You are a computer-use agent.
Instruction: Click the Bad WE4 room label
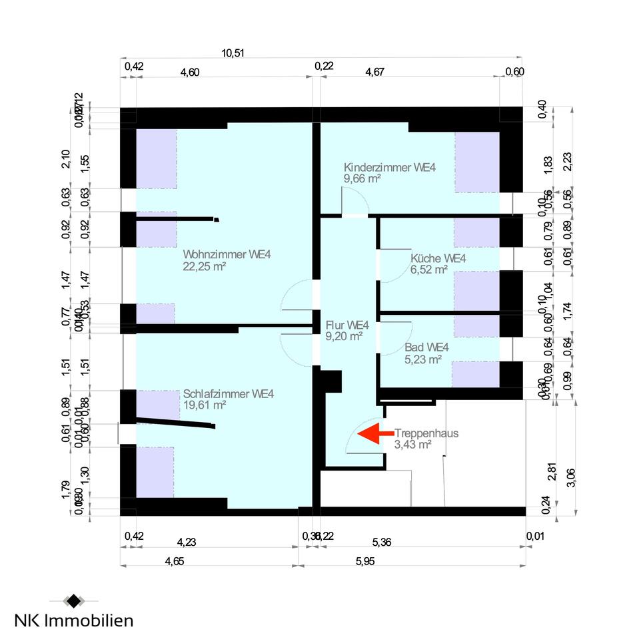click(x=426, y=347)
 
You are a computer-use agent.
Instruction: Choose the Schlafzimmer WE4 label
click(x=229, y=393)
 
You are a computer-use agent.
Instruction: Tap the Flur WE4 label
click(x=347, y=325)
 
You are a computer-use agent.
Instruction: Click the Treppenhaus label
click(x=426, y=433)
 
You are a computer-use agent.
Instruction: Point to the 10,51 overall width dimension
click(x=232, y=54)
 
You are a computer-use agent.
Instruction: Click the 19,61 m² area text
click(x=205, y=405)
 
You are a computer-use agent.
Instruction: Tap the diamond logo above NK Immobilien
click(x=72, y=601)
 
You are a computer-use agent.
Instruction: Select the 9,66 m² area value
click(x=362, y=178)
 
